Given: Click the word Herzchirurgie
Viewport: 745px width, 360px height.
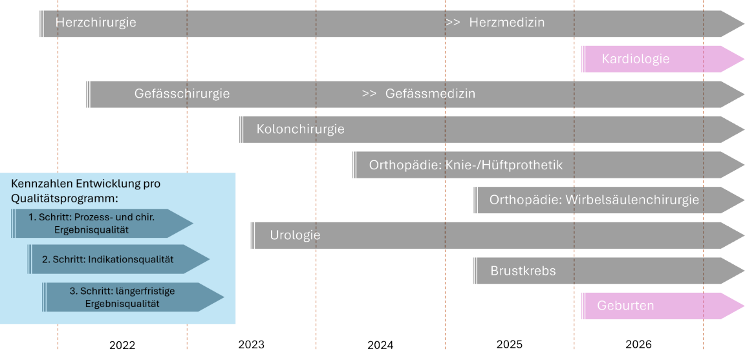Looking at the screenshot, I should (96, 23).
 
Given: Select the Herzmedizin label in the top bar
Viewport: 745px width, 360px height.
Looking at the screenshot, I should (506, 23).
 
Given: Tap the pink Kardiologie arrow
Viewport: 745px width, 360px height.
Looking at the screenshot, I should (635, 59).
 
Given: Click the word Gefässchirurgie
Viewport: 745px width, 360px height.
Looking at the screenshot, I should (182, 94).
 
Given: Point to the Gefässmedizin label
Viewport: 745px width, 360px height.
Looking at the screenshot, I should (430, 94).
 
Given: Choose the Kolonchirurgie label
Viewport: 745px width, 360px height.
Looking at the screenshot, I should (300, 129).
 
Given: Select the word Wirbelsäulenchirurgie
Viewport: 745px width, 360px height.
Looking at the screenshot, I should (632, 200).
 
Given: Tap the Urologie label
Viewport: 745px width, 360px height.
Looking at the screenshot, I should (295, 235).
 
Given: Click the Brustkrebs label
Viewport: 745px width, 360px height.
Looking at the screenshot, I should (523, 271).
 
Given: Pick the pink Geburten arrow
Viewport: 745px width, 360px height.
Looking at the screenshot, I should (625, 306).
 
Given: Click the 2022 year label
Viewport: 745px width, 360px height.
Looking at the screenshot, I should (122, 345).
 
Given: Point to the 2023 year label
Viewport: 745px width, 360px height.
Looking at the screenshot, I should (251, 344).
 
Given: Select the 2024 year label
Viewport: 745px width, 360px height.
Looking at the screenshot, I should (380, 345).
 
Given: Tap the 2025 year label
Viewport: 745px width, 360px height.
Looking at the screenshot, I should (510, 344).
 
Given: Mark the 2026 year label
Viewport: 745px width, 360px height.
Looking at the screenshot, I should (638, 344).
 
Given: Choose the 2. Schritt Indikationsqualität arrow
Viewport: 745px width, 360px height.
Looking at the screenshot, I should (116, 259).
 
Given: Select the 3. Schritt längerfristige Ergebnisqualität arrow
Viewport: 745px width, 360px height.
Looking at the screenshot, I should (129, 297).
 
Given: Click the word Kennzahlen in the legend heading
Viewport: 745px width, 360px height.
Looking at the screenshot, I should (36, 184).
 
